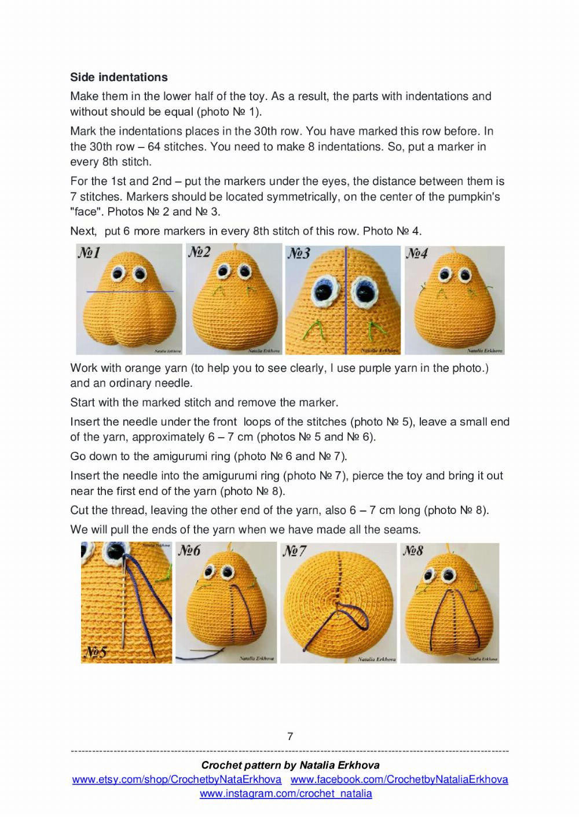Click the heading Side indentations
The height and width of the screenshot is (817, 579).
119,77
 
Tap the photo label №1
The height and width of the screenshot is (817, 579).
89,253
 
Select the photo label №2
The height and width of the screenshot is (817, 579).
199,252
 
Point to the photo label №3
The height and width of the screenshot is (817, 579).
299,253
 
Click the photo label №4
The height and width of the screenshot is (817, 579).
417,253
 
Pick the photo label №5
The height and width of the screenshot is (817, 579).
96,652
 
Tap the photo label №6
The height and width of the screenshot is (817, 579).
189,550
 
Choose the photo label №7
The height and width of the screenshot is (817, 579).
294,551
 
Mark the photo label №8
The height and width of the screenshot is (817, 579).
413,550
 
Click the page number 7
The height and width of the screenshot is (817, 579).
290,736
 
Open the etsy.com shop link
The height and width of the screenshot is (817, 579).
177,779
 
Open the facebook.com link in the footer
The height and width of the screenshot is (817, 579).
399,779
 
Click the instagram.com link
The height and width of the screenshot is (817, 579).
286,794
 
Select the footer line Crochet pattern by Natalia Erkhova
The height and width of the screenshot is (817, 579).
290,765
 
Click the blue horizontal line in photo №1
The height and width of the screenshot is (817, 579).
130,291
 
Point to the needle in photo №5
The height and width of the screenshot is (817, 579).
123,613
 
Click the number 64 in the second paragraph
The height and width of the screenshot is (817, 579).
155,147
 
